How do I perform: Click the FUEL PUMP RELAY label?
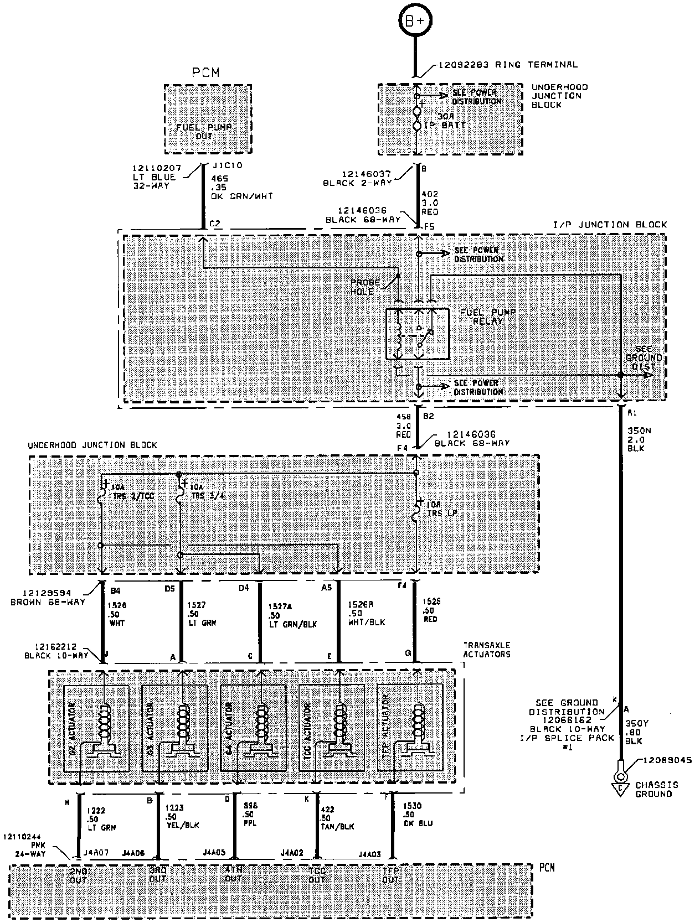(480, 317)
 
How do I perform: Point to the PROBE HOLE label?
(366, 287)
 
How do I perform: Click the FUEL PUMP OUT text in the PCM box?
(204, 131)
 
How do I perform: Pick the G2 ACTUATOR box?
(96, 728)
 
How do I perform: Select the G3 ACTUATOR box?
(174, 728)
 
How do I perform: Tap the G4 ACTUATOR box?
(253, 728)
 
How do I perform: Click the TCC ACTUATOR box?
(332, 728)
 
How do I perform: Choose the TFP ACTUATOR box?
(410, 728)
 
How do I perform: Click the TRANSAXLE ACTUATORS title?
(487, 649)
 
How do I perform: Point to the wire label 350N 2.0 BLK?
(636, 439)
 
